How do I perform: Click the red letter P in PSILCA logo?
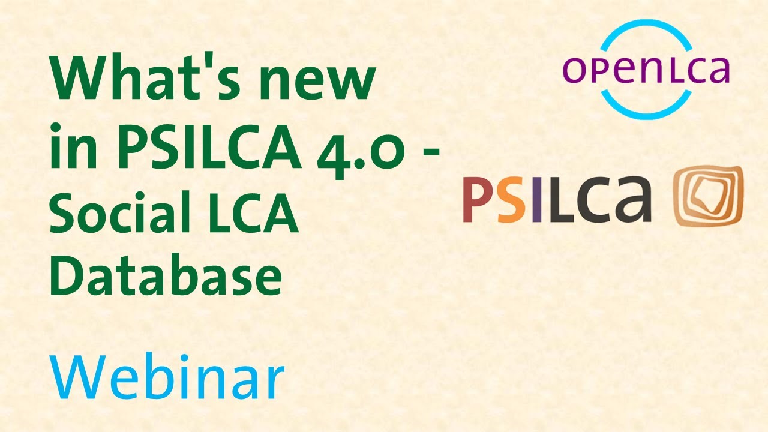pyautogui.click(x=478, y=200)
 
